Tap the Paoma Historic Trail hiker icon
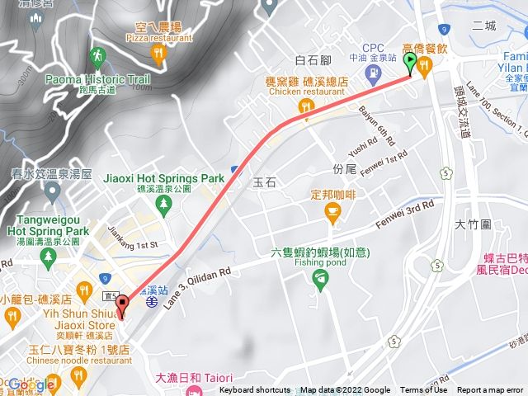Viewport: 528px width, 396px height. pos(97,56)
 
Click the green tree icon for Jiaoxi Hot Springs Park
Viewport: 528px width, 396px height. pos(165,203)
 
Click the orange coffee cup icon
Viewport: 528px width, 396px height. pos(332,215)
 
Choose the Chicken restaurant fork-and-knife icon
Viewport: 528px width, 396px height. pos(305,106)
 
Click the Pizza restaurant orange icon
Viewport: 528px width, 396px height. pos(158,55)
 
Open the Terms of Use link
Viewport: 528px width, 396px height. pos(423,390)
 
